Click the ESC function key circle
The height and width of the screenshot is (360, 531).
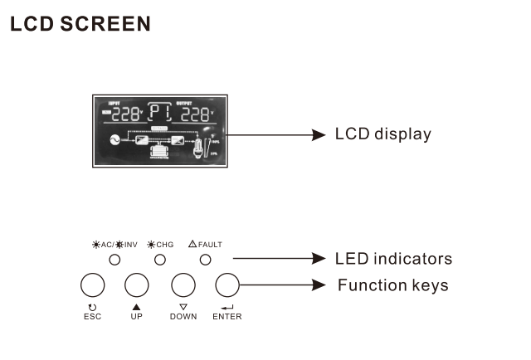click(x=92, y=285)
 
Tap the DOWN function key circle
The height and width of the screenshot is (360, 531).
click(x=183, y=285)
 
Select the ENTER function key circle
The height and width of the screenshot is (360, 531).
click(x=227, y=285)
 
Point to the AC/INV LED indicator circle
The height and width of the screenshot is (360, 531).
click(x=115, y=260)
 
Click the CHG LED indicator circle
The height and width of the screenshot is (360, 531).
click(x=160, y=260)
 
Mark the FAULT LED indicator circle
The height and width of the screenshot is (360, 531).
click(x=205, y=260)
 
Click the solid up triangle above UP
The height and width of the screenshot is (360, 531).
click(x=137, y=307)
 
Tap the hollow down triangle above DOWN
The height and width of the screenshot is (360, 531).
click(x=183, y=307)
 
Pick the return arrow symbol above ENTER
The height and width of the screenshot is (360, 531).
click(x=227, y=307)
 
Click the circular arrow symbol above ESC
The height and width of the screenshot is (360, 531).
click(x=92, y=307)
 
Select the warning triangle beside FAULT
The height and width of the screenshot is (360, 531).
click(x=192, y=244)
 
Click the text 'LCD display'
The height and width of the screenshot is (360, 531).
click(x=382, y=134)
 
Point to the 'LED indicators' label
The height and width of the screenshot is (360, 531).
click(x=393, y=259)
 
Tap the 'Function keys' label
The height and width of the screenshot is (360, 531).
click(x=392, y=285)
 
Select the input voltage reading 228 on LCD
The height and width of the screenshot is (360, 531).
click(x=127, y=114)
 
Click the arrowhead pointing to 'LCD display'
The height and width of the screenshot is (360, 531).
click(x=319, y=134)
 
